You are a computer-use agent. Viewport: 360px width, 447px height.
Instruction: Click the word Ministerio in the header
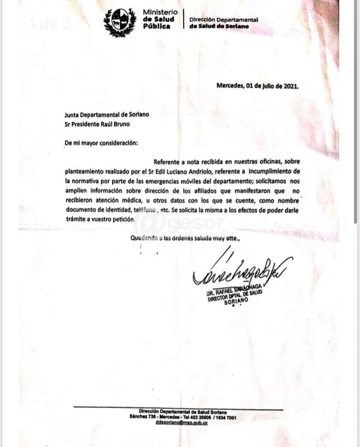[x=160, y=12]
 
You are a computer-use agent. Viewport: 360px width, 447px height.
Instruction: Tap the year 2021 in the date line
[x=291, y=86]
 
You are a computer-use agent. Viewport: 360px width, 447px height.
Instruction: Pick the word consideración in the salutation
[x=118, y=143]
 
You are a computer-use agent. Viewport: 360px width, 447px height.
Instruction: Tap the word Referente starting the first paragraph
[x=166, y=162]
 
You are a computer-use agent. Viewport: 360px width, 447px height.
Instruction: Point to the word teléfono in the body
[x=145, y=210]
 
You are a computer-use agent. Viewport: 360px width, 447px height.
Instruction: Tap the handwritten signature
[x=241, y=272]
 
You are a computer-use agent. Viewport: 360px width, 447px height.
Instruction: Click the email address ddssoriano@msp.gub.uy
[x=181, y=423]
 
